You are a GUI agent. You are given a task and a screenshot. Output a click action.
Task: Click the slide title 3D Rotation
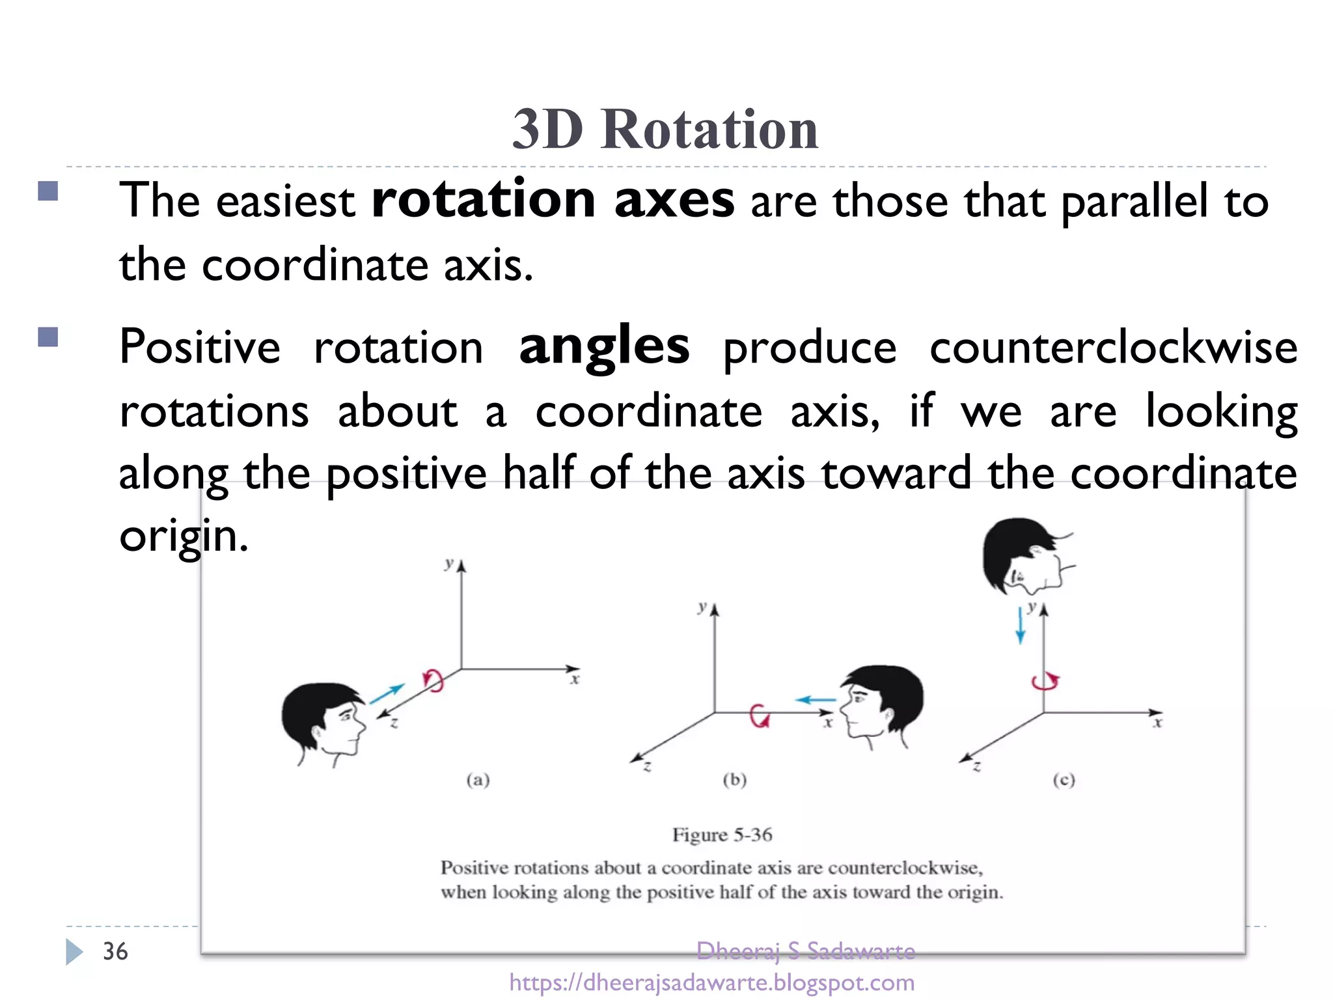coord(665,128)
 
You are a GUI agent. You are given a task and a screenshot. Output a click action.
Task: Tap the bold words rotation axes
coord(553,199)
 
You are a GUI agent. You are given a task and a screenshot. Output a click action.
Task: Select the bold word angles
coord(604,346)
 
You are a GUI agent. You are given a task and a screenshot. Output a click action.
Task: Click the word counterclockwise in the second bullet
coord(1113,348)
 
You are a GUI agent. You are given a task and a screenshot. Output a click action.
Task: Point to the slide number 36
coord(115,951)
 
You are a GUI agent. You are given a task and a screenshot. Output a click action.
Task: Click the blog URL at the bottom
coord(711,982)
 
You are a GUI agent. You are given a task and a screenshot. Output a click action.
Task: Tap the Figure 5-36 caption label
coord(722,835)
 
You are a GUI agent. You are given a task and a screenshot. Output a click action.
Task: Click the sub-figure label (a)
coord(478,779)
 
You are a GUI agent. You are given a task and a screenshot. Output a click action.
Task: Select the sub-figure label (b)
coord(734,779)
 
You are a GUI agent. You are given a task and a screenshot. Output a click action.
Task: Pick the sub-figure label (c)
coord(1064,779)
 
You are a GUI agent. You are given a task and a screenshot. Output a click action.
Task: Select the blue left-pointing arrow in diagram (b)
coord(816,700)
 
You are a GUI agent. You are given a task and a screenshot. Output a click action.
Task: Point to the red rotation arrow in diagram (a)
coord(433,680)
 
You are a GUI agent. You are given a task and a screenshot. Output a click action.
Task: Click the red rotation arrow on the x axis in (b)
coord(759,715)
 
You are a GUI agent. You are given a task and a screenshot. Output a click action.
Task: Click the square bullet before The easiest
coord(48,191)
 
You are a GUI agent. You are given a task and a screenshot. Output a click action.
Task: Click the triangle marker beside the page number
coord(74,952)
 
